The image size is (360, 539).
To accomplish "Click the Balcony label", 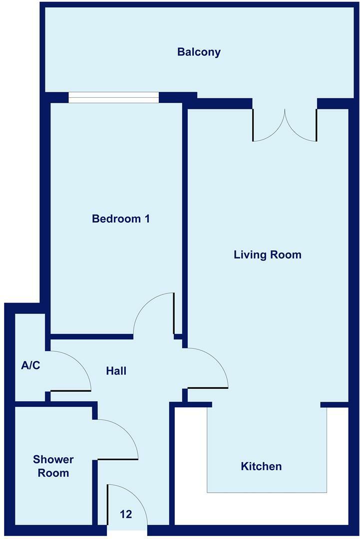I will (x=199, y=52).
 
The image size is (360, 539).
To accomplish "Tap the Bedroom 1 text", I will (x=121, y=219).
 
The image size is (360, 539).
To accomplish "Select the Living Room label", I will (x=267, y=255).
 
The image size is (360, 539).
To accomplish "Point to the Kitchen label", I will (x=261, y=466).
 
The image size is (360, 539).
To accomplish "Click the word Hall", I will (x=116, y=371).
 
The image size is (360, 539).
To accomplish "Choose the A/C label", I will (x=30, y=365).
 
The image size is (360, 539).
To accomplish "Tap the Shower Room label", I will (x=53, y=466).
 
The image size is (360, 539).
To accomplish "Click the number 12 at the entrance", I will (x=126, y=514).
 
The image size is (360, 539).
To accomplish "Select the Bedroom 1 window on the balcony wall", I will (x=113, y=97).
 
